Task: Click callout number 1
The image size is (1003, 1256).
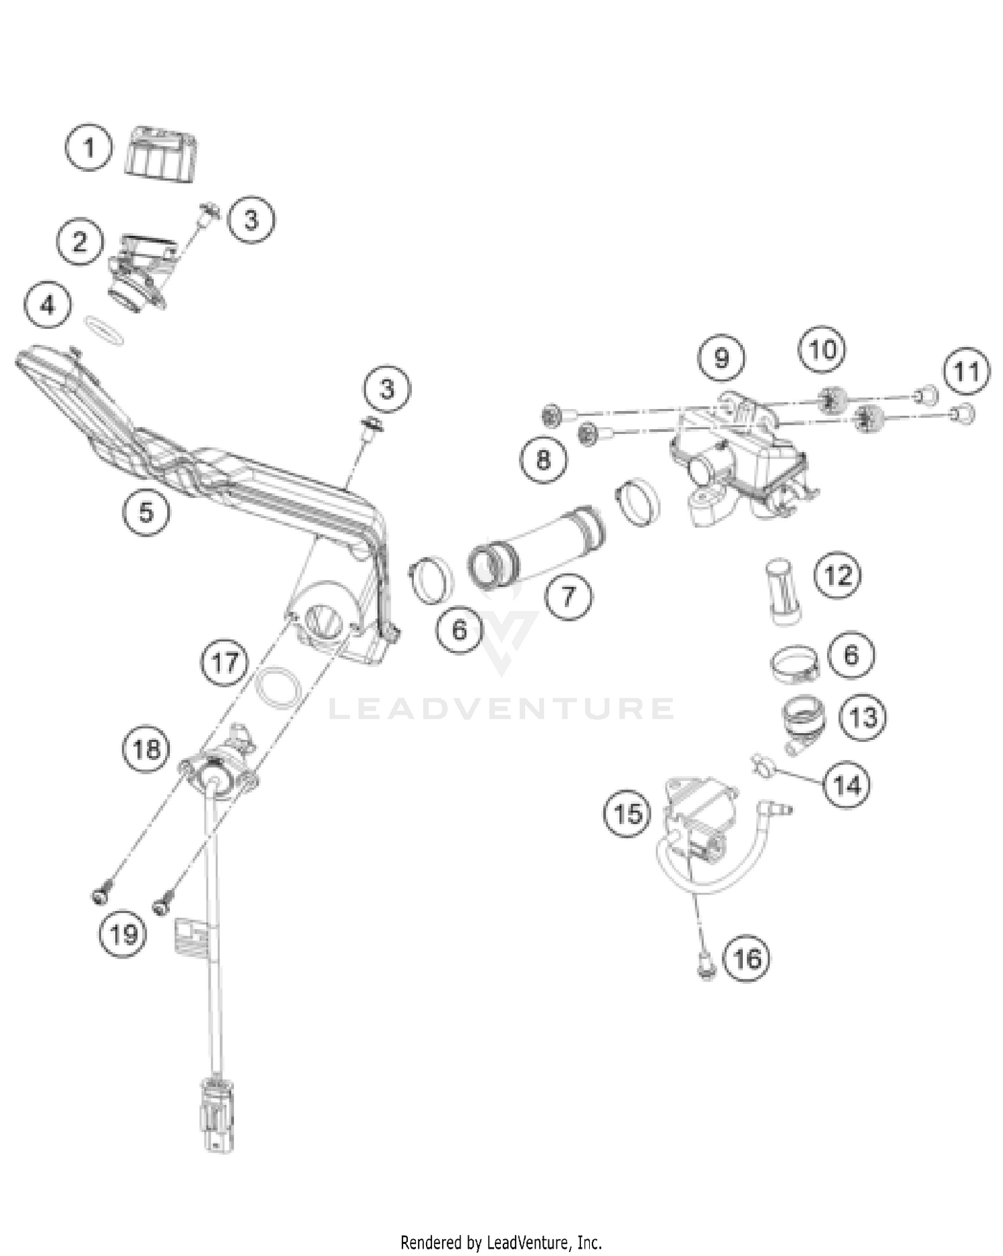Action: pyautogui.click(x=89, y=147)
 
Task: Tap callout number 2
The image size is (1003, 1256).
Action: pyautogui.click(x=80, y=241)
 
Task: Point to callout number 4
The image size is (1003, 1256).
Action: pyautogui.click(x=47, y=305)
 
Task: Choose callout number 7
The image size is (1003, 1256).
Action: pyautogui.click(x=568, y=594)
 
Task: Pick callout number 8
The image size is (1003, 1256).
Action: pyautogui.click(x=543, y=459)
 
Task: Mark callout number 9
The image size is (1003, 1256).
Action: pyautogui.click(x=721, y=358)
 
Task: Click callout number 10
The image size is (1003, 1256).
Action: pyautogui.click(x=822, y=349)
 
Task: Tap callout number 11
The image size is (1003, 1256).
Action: pyautogui.click(x=966, y=371)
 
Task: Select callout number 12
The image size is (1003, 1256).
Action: pyautogui.click(x=839, y=575)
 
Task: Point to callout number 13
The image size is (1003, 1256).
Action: pyautogui.click(x=863, y=717)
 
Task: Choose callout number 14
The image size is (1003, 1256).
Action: pyautogui.click(x=848, y=785)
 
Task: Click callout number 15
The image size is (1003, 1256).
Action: pyautogui.click(x=627, y=813)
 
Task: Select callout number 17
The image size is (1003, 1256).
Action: pyautogui.click(x=225, y=662)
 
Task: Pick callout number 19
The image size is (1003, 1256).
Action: pyautogui.click(x=123, y=934)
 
